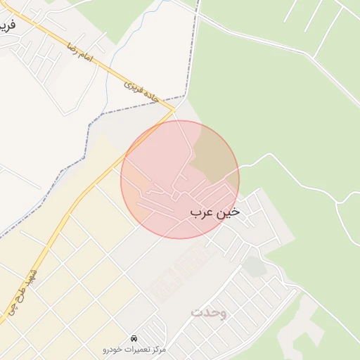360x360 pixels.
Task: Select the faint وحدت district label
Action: [x=208, y=311]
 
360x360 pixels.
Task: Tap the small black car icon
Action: [x=134, y=337]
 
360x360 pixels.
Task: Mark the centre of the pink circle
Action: [x=180, y=179]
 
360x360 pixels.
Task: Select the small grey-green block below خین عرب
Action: [x=255, y=266]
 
